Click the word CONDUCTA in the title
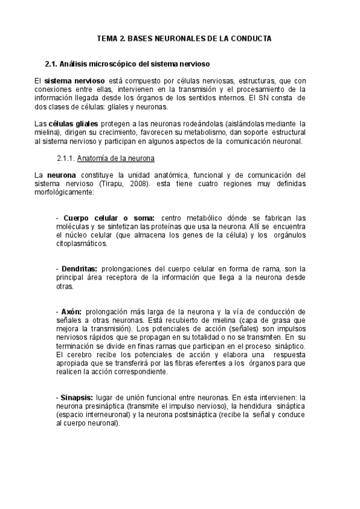point(251,38)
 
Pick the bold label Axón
point(72,312)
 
